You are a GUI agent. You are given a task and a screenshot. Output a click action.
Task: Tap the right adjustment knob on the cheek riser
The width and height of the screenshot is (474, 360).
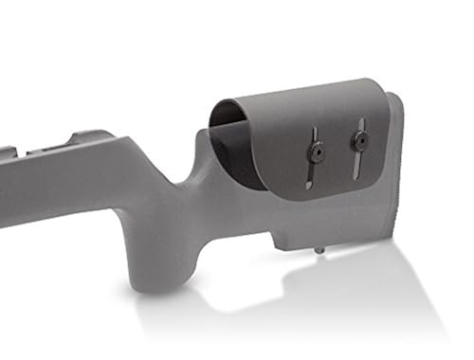tap(358, 140)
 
